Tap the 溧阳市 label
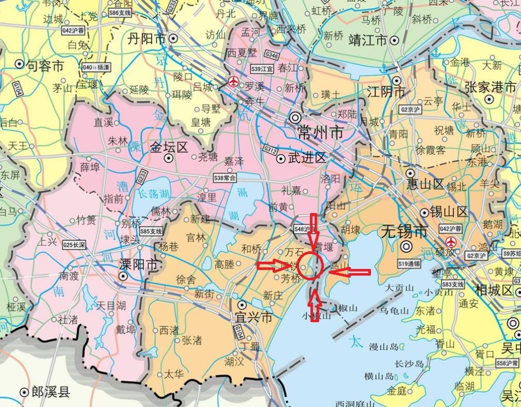[138, 264]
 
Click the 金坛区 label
[169, 147]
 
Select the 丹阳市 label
[147, 39]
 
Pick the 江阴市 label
[386, 92]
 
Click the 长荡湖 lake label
[154, 193]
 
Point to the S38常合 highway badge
[225, 177]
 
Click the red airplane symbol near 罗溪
[233, 81]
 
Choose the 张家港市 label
[490, 87]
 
